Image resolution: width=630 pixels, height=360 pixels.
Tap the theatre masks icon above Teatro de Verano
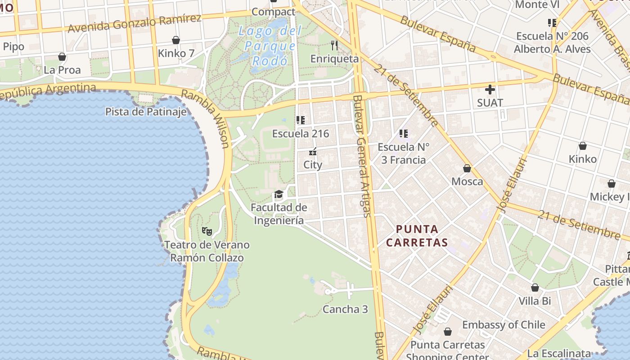(x=207, y=231)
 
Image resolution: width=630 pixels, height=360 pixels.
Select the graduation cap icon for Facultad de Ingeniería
(x=279, y=194)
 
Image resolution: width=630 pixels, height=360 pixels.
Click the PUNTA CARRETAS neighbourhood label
(x=417, y=236)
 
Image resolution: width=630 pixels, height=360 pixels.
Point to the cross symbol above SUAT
(x=490, y=90)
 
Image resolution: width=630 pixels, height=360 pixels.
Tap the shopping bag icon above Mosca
(x=467, y=168)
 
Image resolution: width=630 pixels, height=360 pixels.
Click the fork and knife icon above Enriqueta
(x=334, y=45)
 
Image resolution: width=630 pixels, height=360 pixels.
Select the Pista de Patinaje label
(x=146, y=112)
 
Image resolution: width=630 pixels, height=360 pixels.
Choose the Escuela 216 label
(x=301, y=134)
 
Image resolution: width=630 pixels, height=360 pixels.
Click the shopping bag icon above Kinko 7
(x=176, y=40)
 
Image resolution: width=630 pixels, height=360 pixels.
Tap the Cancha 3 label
(x=345, y=309)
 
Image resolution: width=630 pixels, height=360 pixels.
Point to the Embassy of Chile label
(x=504, y=325)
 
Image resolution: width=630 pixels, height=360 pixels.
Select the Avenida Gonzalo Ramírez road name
(x=134, y=23)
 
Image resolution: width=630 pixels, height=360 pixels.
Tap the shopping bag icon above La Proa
(x=62, y=57)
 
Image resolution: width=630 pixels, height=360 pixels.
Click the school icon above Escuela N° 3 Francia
(x=404, y=133)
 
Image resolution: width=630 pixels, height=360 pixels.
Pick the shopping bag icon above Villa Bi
(x=535, y=288)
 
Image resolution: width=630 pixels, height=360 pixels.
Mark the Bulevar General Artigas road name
(x=362, y=155)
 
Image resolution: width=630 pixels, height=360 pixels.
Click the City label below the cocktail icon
(x=313, y=165)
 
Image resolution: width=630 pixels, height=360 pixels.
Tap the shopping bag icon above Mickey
(x=612, y=184)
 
